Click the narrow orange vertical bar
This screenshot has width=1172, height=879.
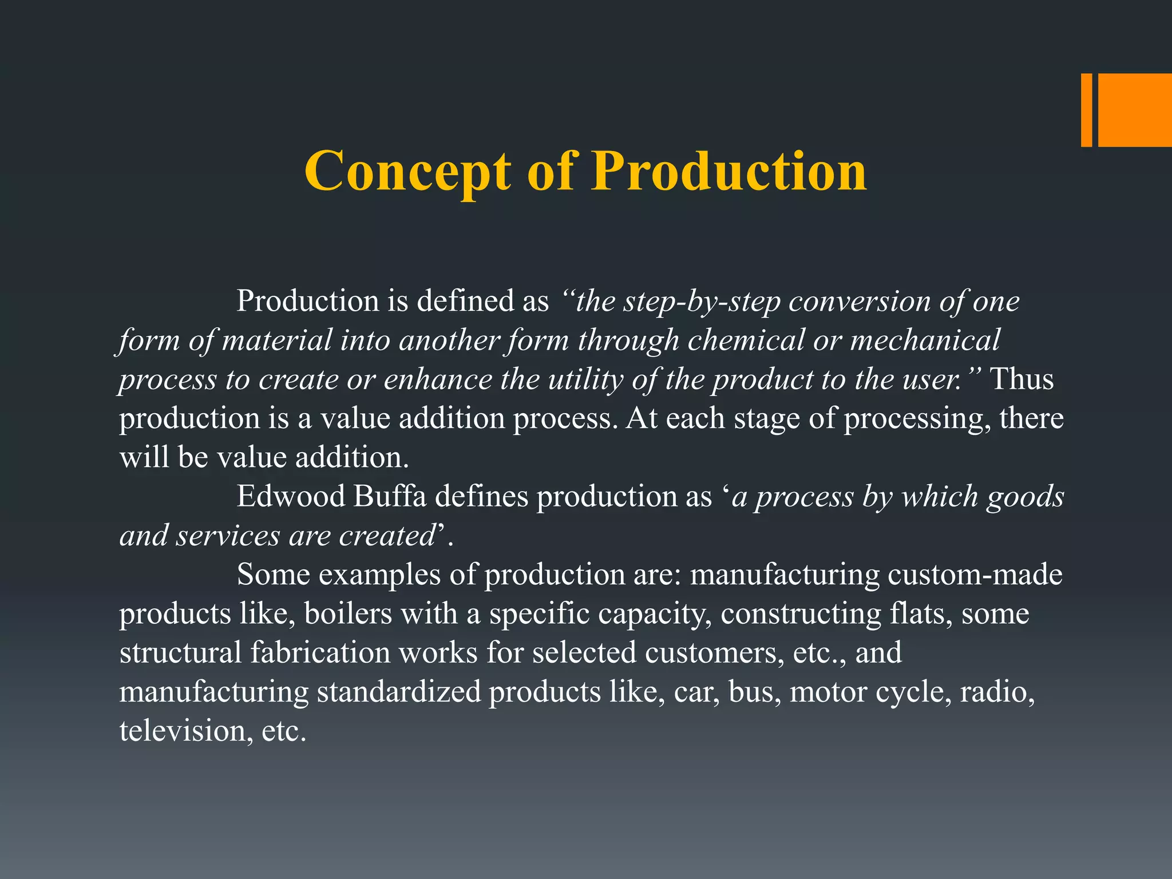tap(1086, 110)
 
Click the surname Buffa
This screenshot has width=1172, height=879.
tap(390, 496)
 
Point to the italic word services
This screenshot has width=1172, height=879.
tap(228, 536)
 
